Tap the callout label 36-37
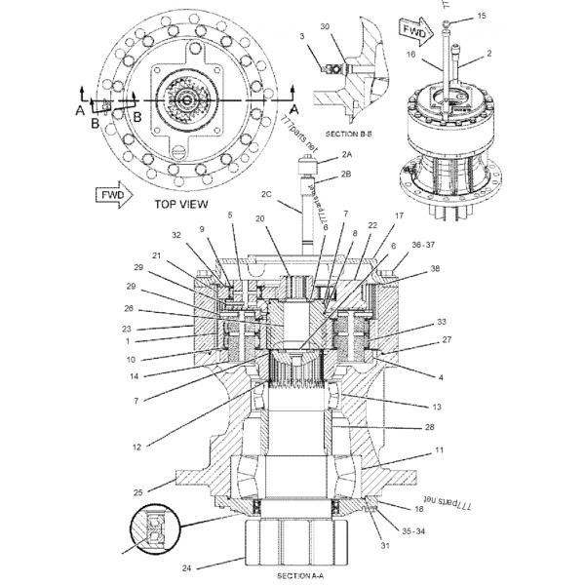pos(423,245)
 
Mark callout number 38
pos(435,268)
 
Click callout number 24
pos(186,565)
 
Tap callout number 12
pos(137,448)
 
